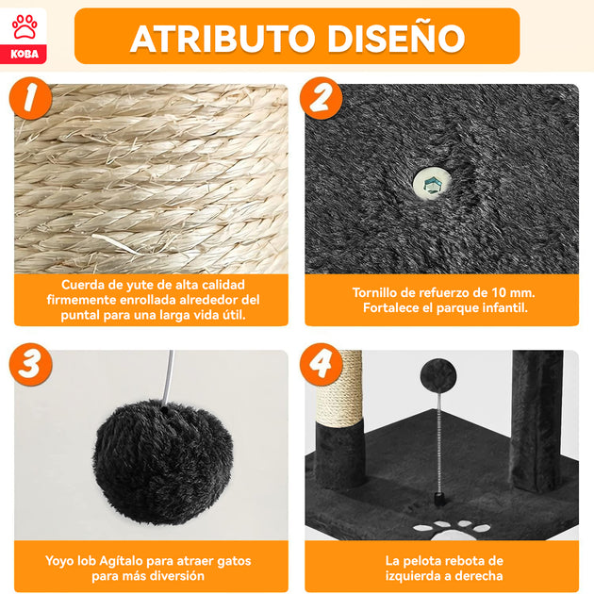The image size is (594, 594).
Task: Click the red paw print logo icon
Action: coord(25,26)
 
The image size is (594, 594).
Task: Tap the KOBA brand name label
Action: coord(25,54)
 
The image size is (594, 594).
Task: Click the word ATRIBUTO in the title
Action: coord(223,39)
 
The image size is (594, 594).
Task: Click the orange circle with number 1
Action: coord(31,98)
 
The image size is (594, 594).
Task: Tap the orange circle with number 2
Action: coord(322,98)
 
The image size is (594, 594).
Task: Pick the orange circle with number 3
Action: coord(31,365)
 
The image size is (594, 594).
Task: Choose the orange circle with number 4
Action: coord(322,365)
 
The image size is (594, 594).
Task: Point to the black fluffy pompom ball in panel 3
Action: coord(162,462)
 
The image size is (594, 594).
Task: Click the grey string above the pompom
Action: coord(168,377)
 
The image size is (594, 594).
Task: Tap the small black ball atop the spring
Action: coord(438,376)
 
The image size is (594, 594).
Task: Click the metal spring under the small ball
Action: coord(439,443)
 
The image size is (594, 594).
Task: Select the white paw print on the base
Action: coord(452,531)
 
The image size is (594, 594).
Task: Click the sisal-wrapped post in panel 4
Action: coord(339,388)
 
